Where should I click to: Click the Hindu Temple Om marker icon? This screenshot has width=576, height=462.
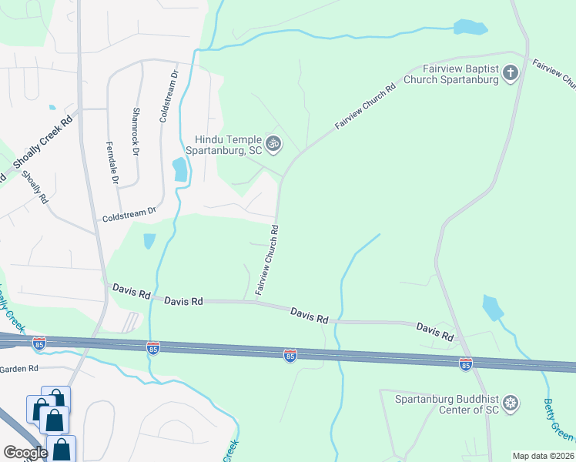(x=273, y=142)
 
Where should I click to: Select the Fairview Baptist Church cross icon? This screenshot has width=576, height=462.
(x=509, y=73)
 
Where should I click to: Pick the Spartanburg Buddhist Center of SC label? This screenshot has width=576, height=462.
(x=447, y=403)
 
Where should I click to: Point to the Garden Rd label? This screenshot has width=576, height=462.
(x=19, y=369)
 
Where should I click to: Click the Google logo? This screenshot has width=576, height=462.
(x=25, y=452)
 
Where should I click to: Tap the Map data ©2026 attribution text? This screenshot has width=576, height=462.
(x=544, y=456)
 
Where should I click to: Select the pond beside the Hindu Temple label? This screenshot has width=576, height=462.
(x=180, y=169)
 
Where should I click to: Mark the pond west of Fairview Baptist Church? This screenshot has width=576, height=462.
(x=470, y=28)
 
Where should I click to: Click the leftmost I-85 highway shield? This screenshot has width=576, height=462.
(x=39, y=341)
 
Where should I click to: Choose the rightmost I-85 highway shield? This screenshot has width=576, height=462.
(x=465, y=363)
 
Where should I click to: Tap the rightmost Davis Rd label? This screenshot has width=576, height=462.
(x=434, y=332)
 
